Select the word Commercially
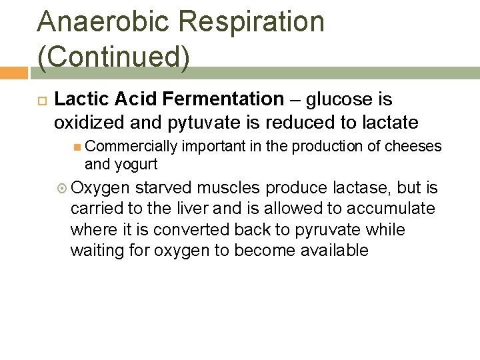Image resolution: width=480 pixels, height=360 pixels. point(131,147)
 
